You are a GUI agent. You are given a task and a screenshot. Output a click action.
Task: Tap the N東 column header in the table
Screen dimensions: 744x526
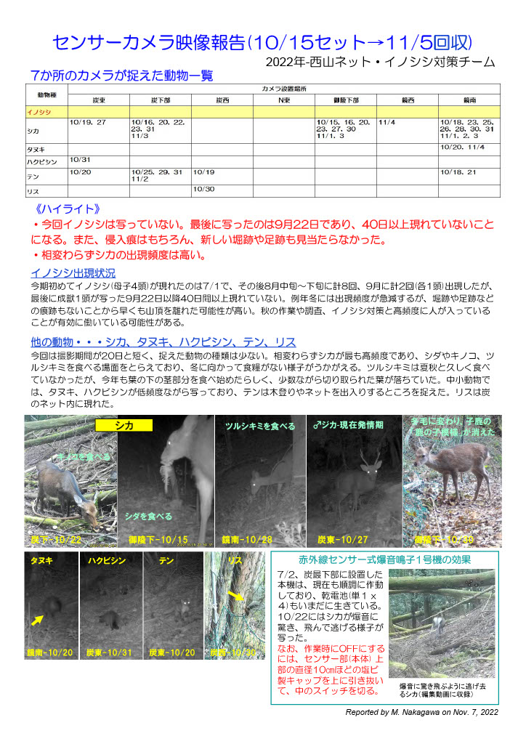click(283, 99)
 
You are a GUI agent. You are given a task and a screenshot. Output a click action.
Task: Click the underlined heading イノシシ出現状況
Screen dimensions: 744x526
click(73, 273)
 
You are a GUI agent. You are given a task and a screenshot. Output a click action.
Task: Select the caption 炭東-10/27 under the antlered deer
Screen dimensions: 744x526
click(342, 540)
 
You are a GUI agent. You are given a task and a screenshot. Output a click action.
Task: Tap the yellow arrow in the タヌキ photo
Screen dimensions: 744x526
click(37, 618)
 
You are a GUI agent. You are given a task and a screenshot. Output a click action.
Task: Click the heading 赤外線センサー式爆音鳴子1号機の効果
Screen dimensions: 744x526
click(385, 560)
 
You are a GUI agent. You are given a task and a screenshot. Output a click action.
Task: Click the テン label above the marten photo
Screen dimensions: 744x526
click(166, 561)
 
